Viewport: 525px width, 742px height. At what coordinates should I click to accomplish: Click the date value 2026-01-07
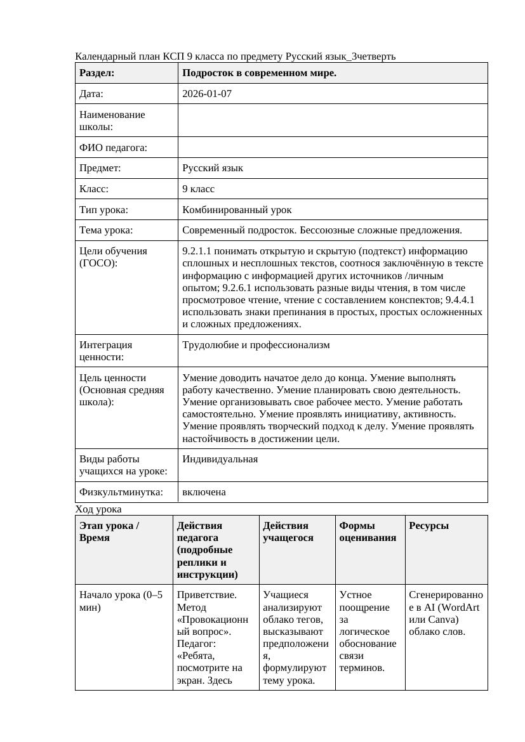[x=207, y=94]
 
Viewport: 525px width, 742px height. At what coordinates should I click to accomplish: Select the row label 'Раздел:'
[x=97, y=73]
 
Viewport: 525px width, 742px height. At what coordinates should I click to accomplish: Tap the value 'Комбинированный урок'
[x=237, y=209]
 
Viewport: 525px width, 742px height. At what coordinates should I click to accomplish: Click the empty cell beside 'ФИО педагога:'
[x=333, y=147]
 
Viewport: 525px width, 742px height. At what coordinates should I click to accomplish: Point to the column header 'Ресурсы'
[x=429, y=526]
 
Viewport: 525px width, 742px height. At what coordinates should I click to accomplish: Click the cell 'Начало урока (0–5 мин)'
[x=121, y=601]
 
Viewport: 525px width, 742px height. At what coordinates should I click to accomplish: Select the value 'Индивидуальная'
[x=220, y=459]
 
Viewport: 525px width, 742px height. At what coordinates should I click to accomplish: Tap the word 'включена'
[x=204, y=492]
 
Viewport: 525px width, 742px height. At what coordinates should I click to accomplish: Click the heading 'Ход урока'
[x=98, y=509]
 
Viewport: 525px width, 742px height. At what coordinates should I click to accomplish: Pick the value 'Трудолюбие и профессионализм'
[x=256, y=345]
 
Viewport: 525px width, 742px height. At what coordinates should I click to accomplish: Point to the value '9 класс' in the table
[x=198, y=189]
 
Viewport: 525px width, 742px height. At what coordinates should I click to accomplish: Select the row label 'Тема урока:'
[x=106, y=230]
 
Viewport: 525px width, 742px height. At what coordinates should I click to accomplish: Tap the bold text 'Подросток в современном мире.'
[x=259, y=73]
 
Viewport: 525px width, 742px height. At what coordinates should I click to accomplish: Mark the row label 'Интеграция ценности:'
[x=106, y=351]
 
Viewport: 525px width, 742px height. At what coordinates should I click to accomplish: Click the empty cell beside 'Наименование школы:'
[x=333, y=120]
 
